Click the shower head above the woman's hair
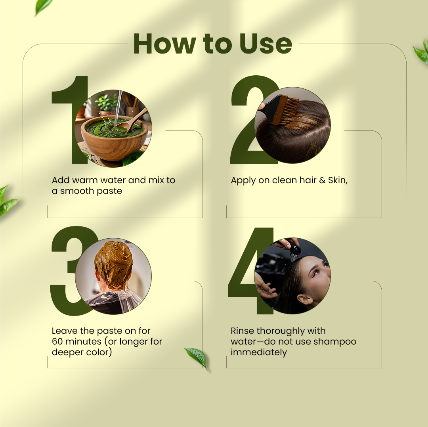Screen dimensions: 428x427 [x=294, y=249]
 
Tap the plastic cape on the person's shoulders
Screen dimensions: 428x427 [x=113, y=302]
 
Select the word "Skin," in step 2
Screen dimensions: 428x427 [x=338, y=180]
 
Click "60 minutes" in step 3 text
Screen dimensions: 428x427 [x=77, y=341]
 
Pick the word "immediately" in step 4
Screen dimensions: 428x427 [x=259, y=352]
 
